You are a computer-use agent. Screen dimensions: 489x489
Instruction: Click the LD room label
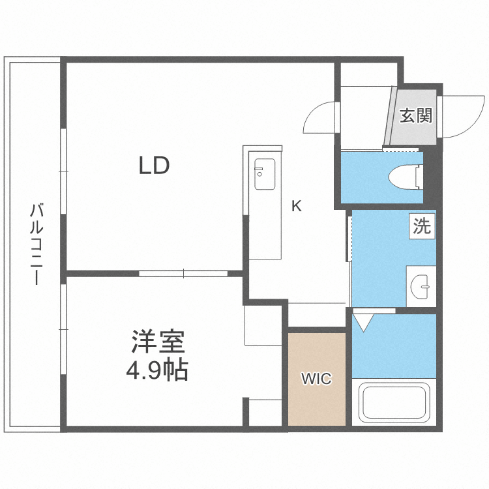[x=154, y=166]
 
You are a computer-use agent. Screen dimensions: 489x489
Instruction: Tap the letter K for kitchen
[x=296, y=207]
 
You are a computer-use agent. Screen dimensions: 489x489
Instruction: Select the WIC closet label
[x=316, y=379]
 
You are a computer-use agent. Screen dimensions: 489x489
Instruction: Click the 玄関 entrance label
[x=415, y=116]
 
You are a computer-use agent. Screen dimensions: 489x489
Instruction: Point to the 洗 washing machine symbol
[x=422, y=226]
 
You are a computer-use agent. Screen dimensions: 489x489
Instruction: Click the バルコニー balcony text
[x=37, y=244]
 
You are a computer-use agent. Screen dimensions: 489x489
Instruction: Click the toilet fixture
[x=405, y=177]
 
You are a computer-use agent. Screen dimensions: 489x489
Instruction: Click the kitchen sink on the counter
[x=265, y=174]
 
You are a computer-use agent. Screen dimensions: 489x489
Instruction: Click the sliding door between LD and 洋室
[x=183, y=273]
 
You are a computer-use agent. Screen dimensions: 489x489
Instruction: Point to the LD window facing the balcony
[x=63, y=171]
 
